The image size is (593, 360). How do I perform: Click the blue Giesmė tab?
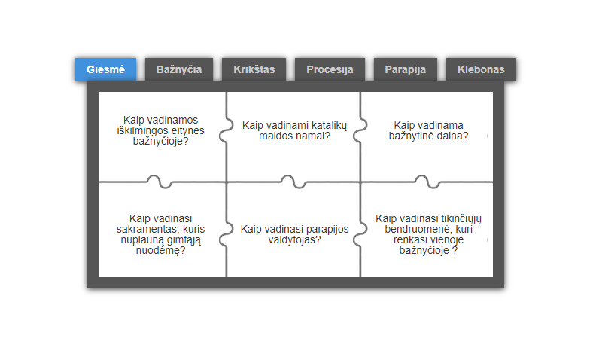click(x=105, y=69)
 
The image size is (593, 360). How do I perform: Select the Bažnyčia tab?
click(x=179, y=69)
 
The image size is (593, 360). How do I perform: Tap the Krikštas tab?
click(x=254, y=69)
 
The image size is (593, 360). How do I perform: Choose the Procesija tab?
click(x=330, y=69)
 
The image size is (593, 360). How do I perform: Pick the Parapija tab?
click(x=406, y=69)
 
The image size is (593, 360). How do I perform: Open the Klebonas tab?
click(x=481, y=69)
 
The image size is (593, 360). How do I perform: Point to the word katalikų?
click(x=329, y=125)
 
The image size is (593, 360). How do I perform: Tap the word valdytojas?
click(x=294, y=239)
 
